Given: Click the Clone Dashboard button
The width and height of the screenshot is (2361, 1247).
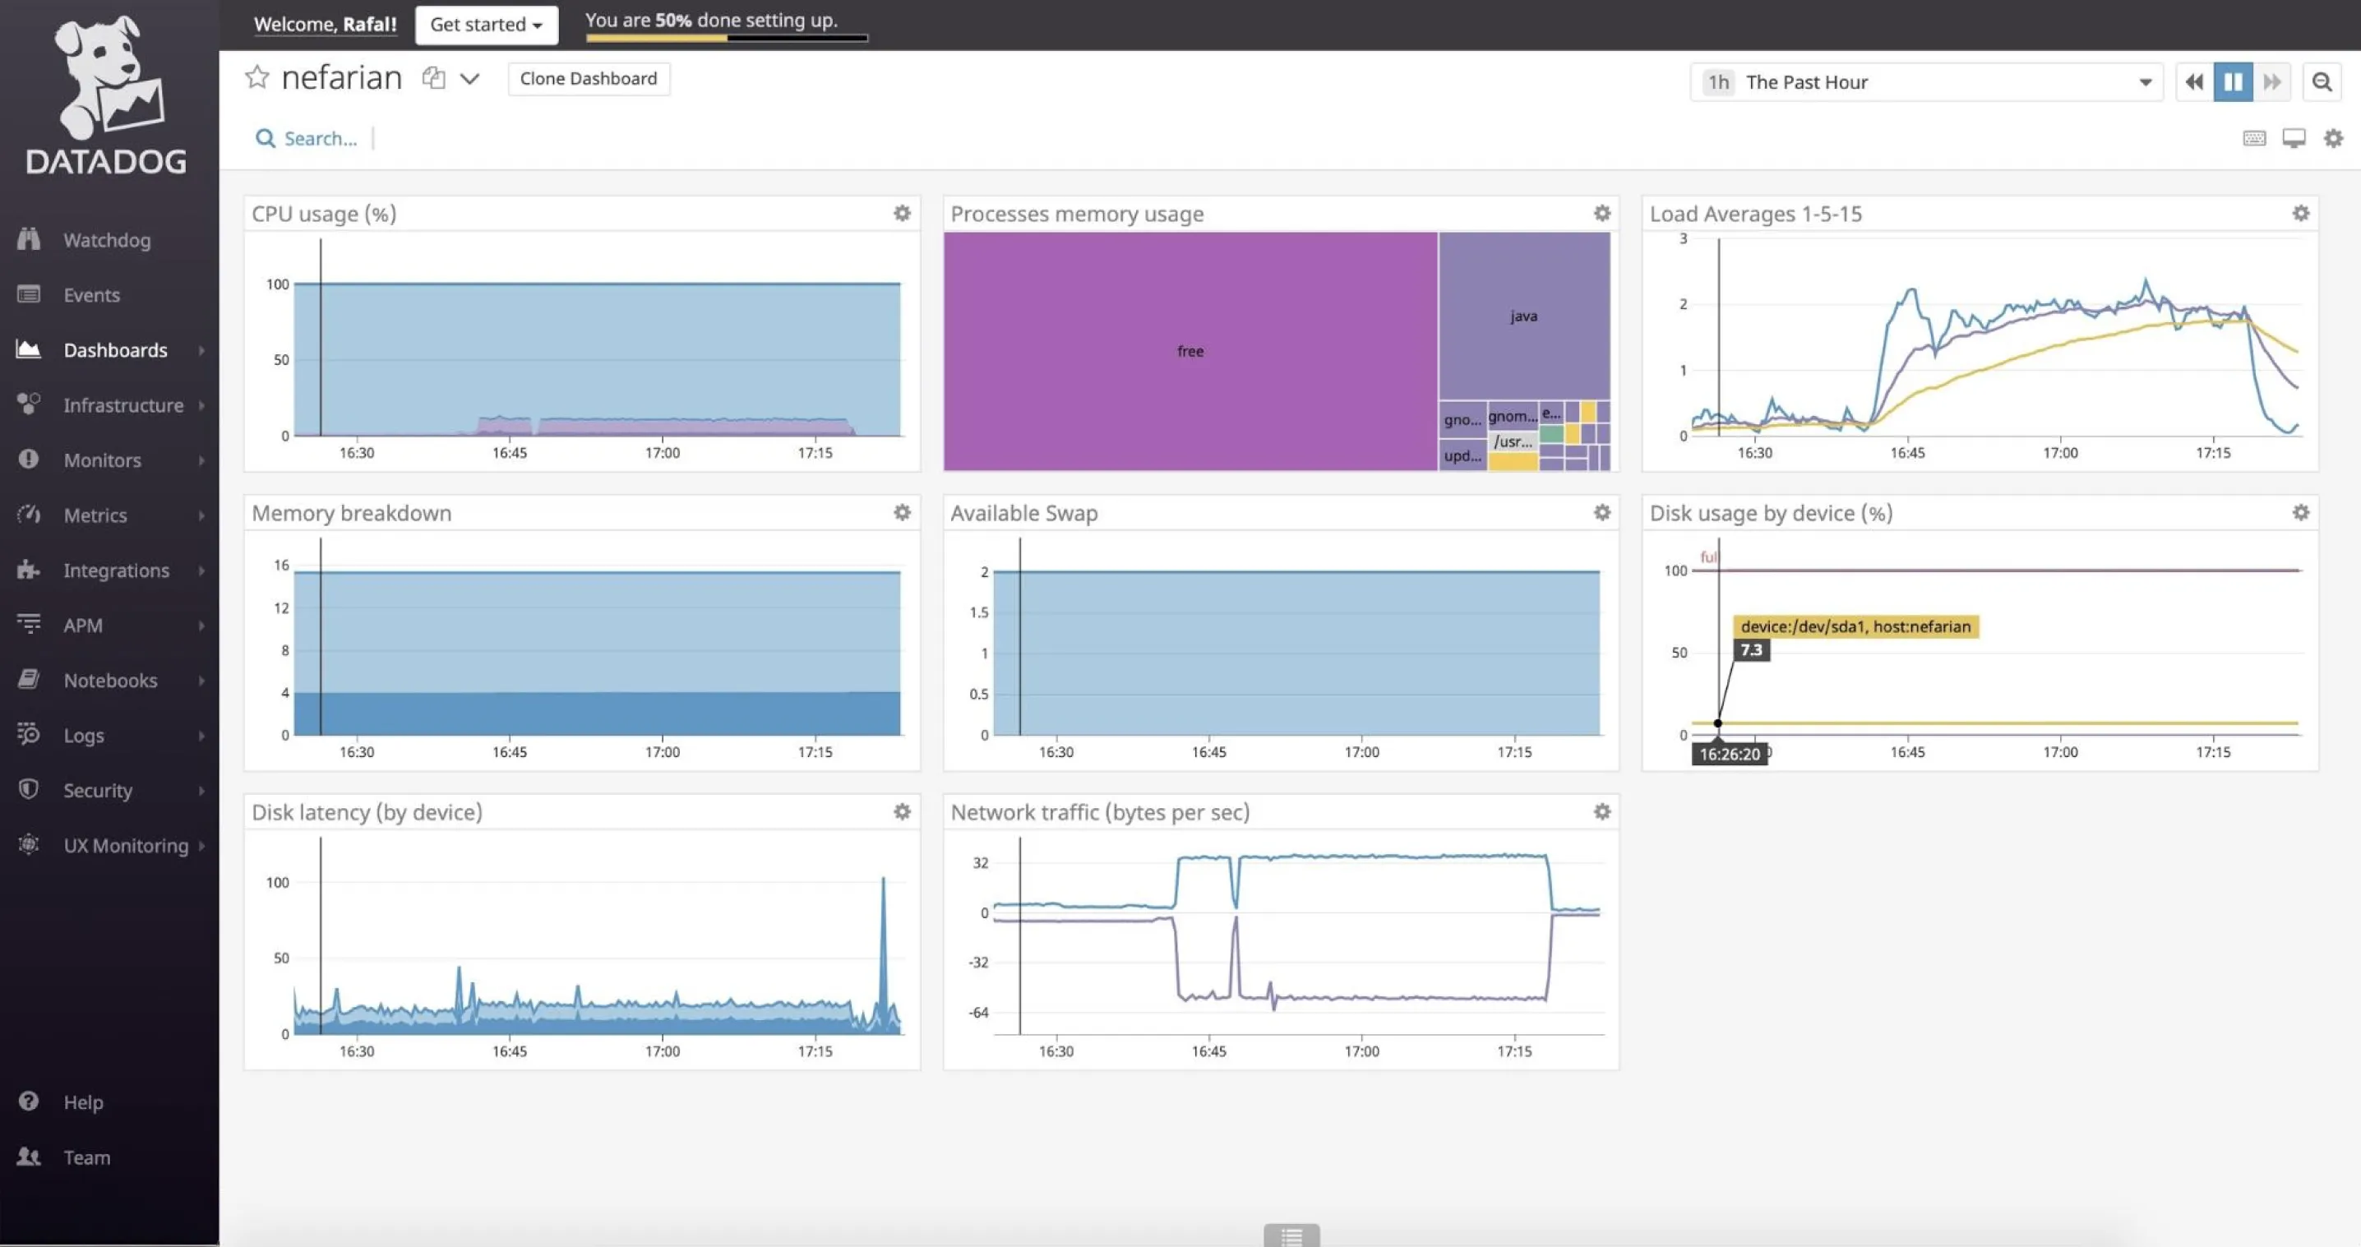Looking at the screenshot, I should [589, 79].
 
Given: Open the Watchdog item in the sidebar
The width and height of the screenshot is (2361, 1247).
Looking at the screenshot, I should [106, 240].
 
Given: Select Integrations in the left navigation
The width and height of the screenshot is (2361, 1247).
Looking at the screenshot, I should [115, 570].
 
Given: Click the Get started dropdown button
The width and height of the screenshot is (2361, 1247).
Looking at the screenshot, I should [486, 25].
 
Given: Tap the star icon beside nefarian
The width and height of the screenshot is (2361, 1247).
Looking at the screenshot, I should [256, 78].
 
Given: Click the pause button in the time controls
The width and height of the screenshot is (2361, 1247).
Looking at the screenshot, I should [2233, 81].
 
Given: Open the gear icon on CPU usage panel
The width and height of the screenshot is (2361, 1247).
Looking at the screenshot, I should [902, 214].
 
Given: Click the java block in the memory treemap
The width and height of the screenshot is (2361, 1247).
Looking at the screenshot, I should [1523, 316].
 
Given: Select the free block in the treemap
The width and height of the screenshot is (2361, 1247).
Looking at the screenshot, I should [1190, 351].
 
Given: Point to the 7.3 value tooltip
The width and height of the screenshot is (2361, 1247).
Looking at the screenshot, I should [1750, 649].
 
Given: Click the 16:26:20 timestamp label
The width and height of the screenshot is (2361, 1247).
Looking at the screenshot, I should [1729, 754].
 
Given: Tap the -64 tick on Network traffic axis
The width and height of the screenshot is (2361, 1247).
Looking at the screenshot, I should [979, 1013].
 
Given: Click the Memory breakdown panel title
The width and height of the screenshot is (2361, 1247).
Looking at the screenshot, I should [351, 513].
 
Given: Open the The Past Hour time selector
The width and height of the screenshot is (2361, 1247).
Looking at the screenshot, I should [1924, 82].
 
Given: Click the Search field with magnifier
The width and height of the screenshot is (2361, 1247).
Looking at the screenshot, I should [319, 138].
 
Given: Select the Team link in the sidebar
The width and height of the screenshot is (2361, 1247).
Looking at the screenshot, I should [86, 1157].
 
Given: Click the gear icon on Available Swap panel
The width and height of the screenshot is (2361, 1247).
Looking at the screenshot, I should [1601, 513].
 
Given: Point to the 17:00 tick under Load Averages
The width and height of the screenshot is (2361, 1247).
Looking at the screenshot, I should [2059, 453].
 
